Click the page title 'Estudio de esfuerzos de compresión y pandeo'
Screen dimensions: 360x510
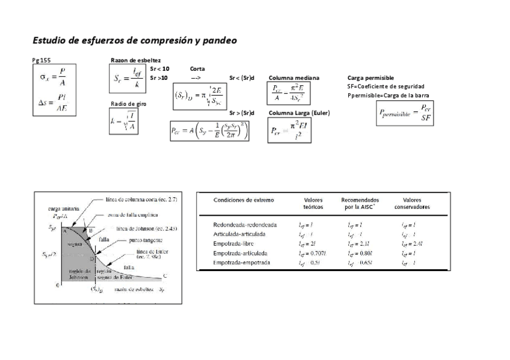pos(135,41)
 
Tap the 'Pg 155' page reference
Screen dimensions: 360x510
pos(41,61)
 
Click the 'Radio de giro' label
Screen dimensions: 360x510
pos(128,104)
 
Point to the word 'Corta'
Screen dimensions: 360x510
pos(197,69)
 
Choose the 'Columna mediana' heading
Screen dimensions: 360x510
pos(293,78)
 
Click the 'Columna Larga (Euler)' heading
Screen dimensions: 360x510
pos(298,113)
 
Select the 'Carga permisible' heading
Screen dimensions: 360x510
pos(370,78)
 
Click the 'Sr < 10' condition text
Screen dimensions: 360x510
pos(159,69)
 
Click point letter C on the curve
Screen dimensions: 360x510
pos(164,276)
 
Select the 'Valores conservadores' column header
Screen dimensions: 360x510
pos(412,204)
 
